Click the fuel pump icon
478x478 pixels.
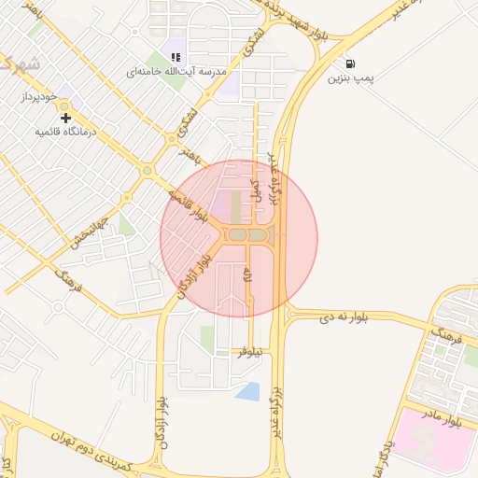350,63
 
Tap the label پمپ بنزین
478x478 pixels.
350,78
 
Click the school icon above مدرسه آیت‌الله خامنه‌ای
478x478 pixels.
176,57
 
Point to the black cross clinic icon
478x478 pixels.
65,118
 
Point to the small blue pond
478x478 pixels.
248,391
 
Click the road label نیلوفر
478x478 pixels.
246,352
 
